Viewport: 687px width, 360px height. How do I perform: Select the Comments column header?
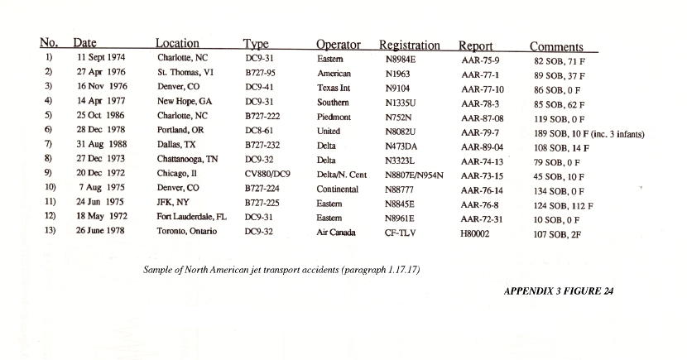click(x=556, y=47)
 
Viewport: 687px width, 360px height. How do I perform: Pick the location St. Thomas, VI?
click(x=185, y=74)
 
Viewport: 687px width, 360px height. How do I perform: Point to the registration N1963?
click(x=401, y=74)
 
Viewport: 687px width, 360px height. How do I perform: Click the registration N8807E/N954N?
click(x=415, y=175)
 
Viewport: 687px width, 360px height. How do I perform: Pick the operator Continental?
click(x=338, y=189)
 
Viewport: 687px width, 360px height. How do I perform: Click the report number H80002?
click(x=476, y=233)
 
